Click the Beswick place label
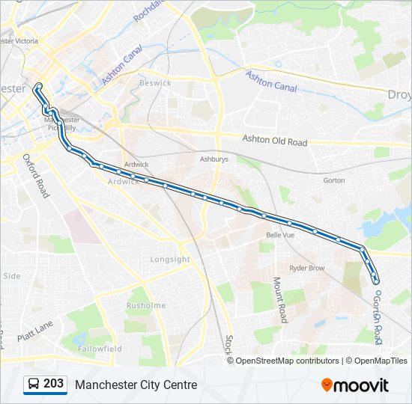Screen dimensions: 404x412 (155, 83)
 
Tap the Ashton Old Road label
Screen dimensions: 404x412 (275, 140)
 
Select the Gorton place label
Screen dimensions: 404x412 (334, 180)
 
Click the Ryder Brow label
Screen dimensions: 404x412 (307, 267)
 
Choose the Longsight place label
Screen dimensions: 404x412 (171, 260)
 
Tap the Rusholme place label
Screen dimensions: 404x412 (145, 305)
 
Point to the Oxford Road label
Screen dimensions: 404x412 (35, 176)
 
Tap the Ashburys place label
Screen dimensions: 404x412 (213, 159)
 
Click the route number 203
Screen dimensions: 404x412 (53, 384)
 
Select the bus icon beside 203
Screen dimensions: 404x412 (34, 385)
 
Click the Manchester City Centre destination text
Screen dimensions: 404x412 (136, 385)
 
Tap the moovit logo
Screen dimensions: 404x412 (355, 385)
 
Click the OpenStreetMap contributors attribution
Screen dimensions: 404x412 (287, 361)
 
